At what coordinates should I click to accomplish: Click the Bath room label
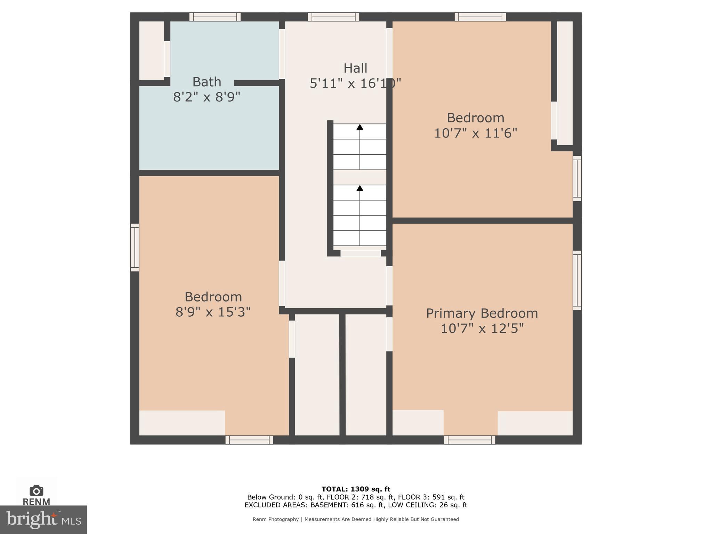pos(207,82)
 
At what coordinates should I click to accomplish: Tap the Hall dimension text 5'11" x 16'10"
pos(355,83)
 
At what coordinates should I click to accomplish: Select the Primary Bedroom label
pos(482,313)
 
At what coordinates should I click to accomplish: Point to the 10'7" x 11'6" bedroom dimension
pos(476,133)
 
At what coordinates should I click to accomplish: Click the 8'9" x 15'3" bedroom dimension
pos(213,312)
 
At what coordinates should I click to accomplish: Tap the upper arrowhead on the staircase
pos(360,127)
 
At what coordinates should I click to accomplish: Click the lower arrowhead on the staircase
pos(360,188)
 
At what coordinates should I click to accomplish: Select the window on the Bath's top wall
pos(215,17)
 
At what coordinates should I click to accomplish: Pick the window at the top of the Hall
pos(333,17)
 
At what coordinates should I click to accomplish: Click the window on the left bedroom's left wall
pos(135,247)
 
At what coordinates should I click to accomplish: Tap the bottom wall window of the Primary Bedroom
pos(470,440)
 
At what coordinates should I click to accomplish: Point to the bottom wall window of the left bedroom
pos(249,440)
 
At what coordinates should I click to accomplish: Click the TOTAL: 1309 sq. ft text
pos(356,489)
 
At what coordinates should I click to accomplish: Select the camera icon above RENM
pos(37,491)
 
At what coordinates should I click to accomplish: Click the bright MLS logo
pos(43,519)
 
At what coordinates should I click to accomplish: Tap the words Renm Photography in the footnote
pos(275,519)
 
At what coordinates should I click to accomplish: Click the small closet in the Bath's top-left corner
pos(152,50)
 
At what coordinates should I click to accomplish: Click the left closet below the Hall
pos(317,374)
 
